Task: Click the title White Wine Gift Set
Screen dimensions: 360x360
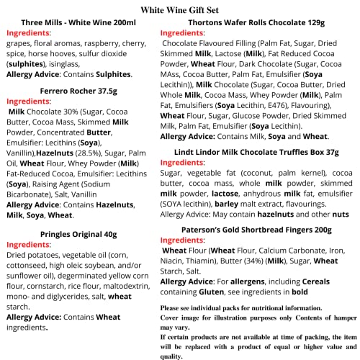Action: [x=179, y=9]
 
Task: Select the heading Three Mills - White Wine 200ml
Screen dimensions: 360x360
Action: [x=74, y=22]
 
